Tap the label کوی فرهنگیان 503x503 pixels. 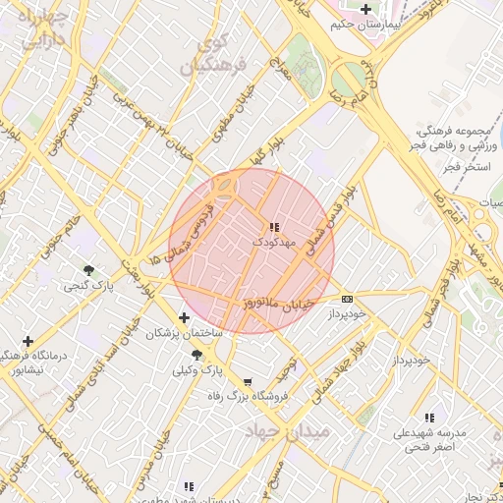(x=205, y=56)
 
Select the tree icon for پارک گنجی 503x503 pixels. (x=89, y=269)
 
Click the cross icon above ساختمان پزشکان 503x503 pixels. (x=185, y=317)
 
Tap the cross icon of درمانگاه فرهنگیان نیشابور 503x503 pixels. (x=27, y=340)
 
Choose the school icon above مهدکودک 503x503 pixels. (x=273, y=227)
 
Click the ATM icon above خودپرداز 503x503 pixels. (x=347, y=299)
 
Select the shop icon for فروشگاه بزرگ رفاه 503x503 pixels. (x=247, y=382)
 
